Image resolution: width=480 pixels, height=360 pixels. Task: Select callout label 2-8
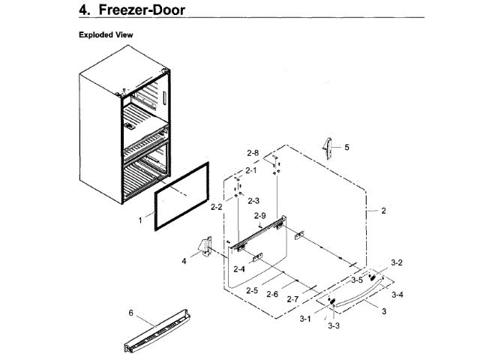pos(253,153)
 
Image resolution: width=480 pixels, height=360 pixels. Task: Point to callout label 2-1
pos(251,170)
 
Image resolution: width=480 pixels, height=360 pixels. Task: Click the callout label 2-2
pos(217,206)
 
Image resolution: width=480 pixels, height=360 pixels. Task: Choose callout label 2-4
pos(239,268)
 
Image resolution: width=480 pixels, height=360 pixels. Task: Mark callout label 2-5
pos(252,289)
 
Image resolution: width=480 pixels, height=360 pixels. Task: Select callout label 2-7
pos(292,299)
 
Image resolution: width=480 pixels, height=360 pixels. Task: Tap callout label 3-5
pos(358,280)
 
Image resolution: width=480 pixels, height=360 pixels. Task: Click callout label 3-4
pos(397,295)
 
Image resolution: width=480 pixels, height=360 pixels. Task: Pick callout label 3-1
pos(305,319)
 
